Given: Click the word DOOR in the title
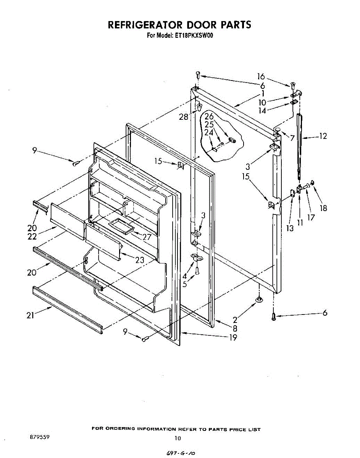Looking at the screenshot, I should coord(201,25).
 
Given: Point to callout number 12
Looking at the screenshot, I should coord(323,136).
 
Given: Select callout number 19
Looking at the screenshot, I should coord(232,337).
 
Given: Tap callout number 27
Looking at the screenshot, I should coord(147,237).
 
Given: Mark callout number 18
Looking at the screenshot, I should coord(324,208).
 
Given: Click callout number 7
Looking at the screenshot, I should coord(292,138).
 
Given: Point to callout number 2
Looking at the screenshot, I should coord(235,320).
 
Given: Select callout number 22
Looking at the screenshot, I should coord(32,237).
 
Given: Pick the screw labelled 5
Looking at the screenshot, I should coord(197,271).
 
